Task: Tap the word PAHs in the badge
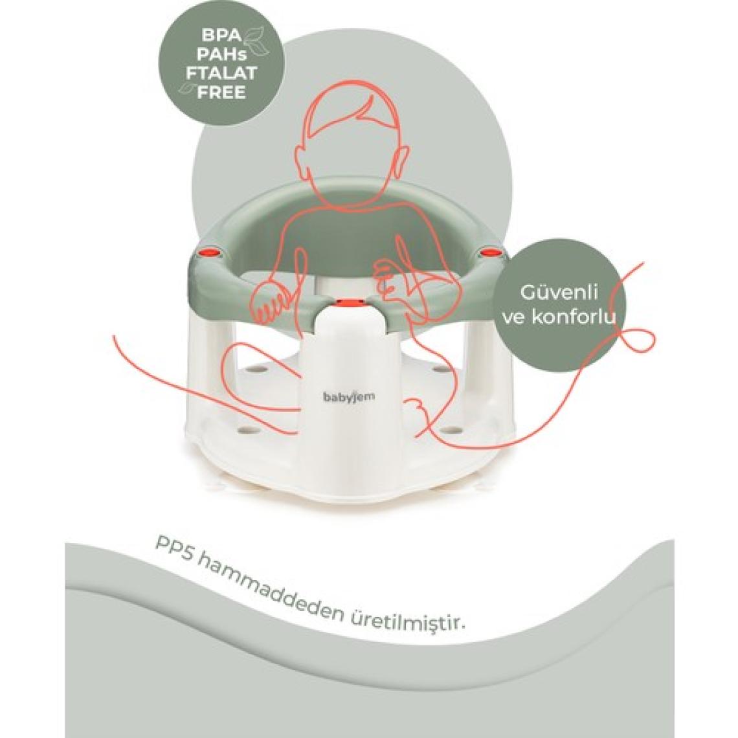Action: point(221,54)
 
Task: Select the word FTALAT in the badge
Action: point(221,73)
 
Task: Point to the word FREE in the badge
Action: point(221,92)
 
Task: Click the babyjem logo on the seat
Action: point(349,397)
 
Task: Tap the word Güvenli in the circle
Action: point(559,292)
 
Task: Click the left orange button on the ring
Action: point(210,254)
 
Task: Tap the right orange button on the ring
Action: point(490,254)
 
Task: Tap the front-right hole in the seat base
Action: point(453,430)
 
